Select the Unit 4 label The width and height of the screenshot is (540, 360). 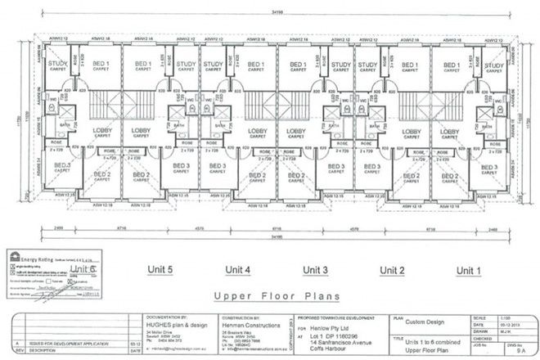tap(237, 269)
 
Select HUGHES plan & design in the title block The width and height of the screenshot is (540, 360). tap(175, 322)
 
